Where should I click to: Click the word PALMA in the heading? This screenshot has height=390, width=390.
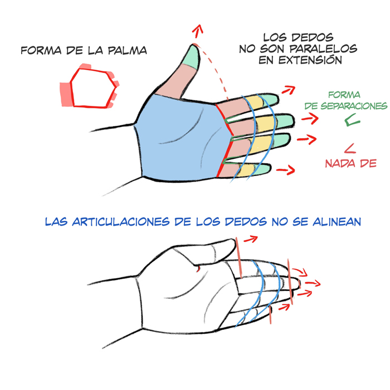[x=128, y=51]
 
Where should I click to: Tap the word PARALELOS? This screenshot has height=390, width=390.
[x=323, y=48]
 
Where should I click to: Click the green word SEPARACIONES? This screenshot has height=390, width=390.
[x=354, y=106]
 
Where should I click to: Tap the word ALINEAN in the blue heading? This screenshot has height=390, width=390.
[x=337, y=222]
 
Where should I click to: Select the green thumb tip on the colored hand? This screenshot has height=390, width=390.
[x=192, y=56]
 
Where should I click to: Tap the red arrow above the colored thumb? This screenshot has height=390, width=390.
[x=198, y=31]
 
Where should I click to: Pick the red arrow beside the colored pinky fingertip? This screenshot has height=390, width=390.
[x=286, y=170]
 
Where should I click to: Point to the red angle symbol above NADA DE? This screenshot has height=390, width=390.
[x=350, y=149]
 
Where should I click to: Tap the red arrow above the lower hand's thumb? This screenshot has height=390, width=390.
[x=251, y=239]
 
